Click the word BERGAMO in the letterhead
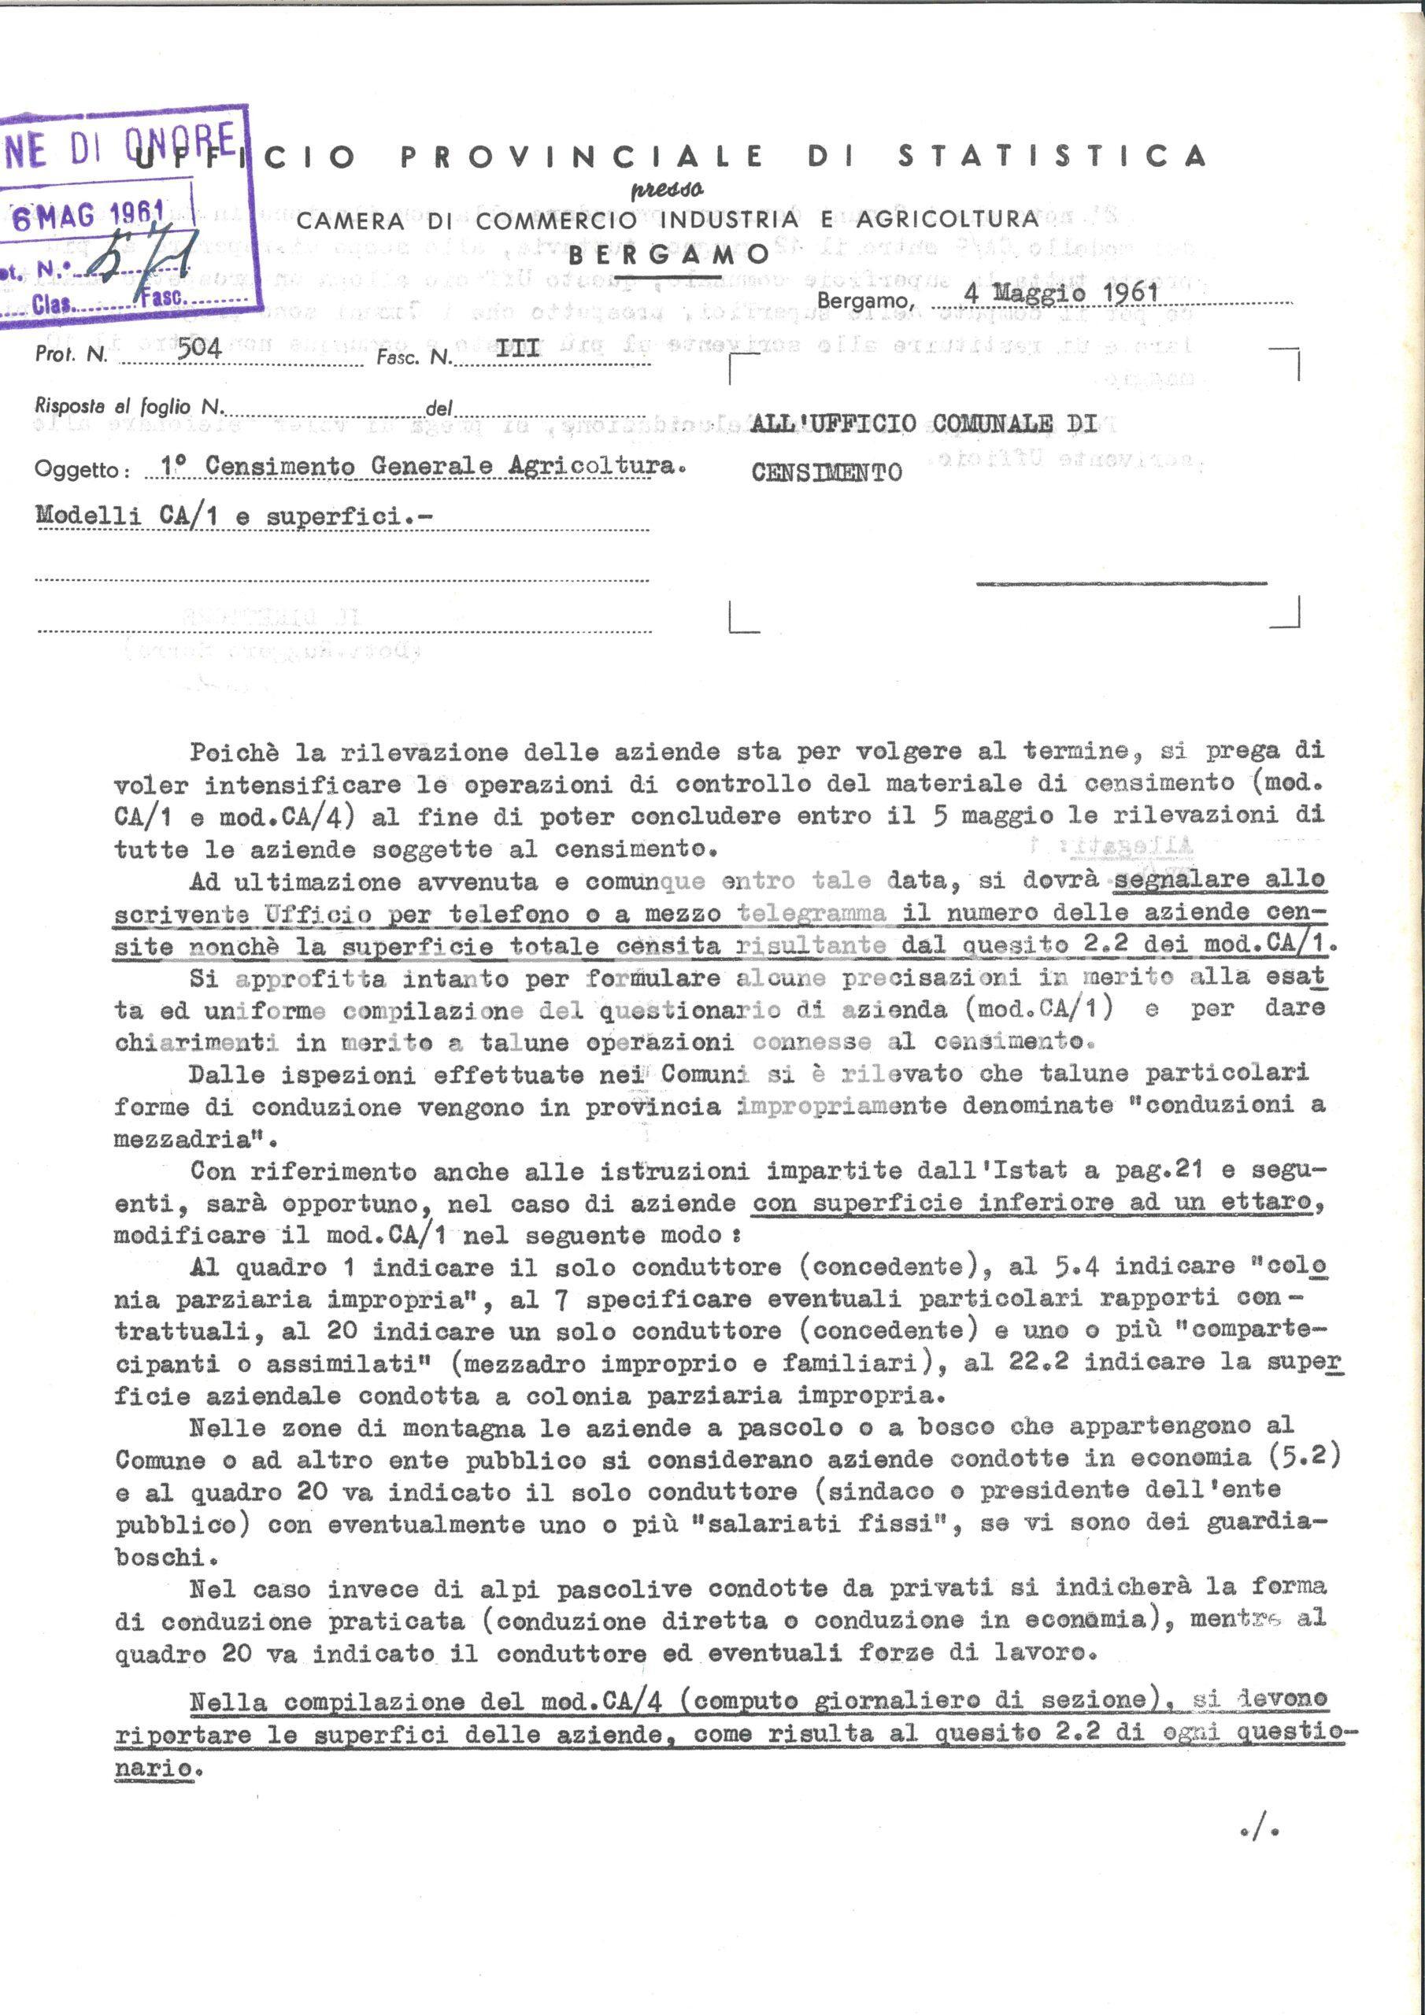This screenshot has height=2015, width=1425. point(669,255)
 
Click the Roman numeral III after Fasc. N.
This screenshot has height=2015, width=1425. point(517,349)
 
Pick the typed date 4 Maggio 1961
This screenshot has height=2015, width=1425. point(1060,292)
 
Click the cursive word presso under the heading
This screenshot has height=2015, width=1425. point(668,189)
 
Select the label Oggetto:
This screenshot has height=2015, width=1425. point(83,470)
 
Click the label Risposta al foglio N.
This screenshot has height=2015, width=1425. point(130,406)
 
